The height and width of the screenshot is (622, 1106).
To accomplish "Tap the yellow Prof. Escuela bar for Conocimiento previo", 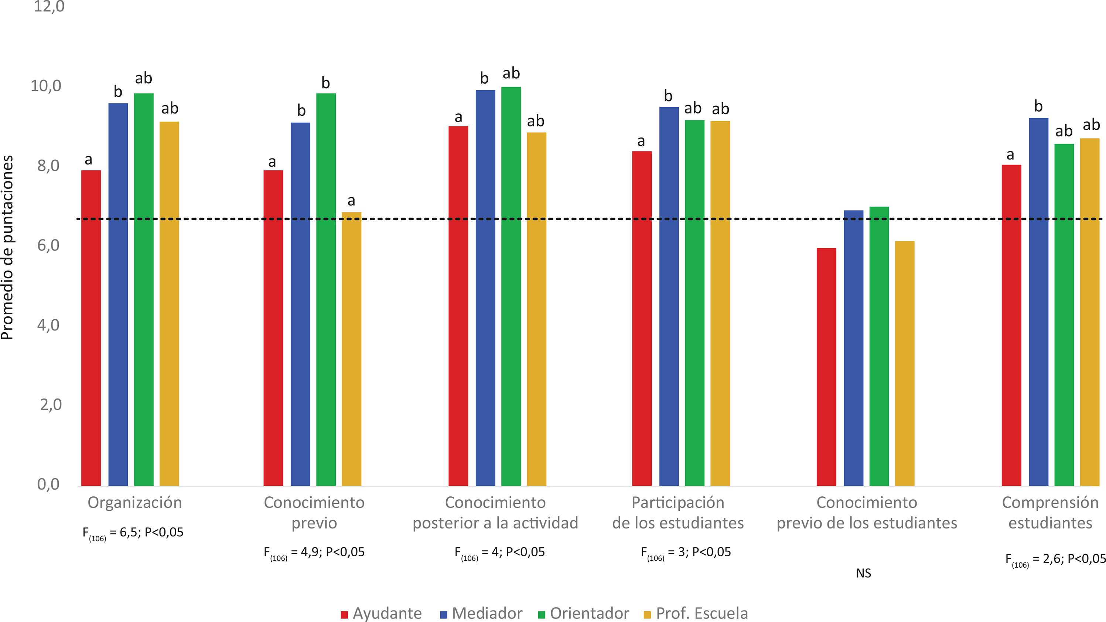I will point(351,349).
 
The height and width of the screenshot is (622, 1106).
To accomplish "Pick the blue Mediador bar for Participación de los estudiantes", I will point(669,296).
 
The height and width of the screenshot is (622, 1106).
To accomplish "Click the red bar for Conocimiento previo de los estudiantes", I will point(826,367).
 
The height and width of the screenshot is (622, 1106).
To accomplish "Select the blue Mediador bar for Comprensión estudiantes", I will point(1038,302).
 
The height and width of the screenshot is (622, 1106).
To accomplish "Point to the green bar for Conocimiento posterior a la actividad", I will point(511,286).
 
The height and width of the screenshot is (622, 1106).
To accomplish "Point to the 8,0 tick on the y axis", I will point(48,165).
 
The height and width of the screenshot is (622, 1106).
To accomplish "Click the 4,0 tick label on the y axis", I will point(48,325).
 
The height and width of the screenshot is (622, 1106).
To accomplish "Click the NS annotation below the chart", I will point(863,574).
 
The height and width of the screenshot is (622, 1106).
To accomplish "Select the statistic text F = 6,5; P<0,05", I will point(133,533).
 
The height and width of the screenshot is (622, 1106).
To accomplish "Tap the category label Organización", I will point(135,502).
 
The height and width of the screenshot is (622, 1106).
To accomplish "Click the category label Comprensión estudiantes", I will point(1050,513).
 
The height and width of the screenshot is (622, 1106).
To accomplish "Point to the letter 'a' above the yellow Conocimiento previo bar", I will point(351,201).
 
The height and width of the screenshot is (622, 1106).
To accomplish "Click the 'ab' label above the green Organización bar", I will point(143,78).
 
